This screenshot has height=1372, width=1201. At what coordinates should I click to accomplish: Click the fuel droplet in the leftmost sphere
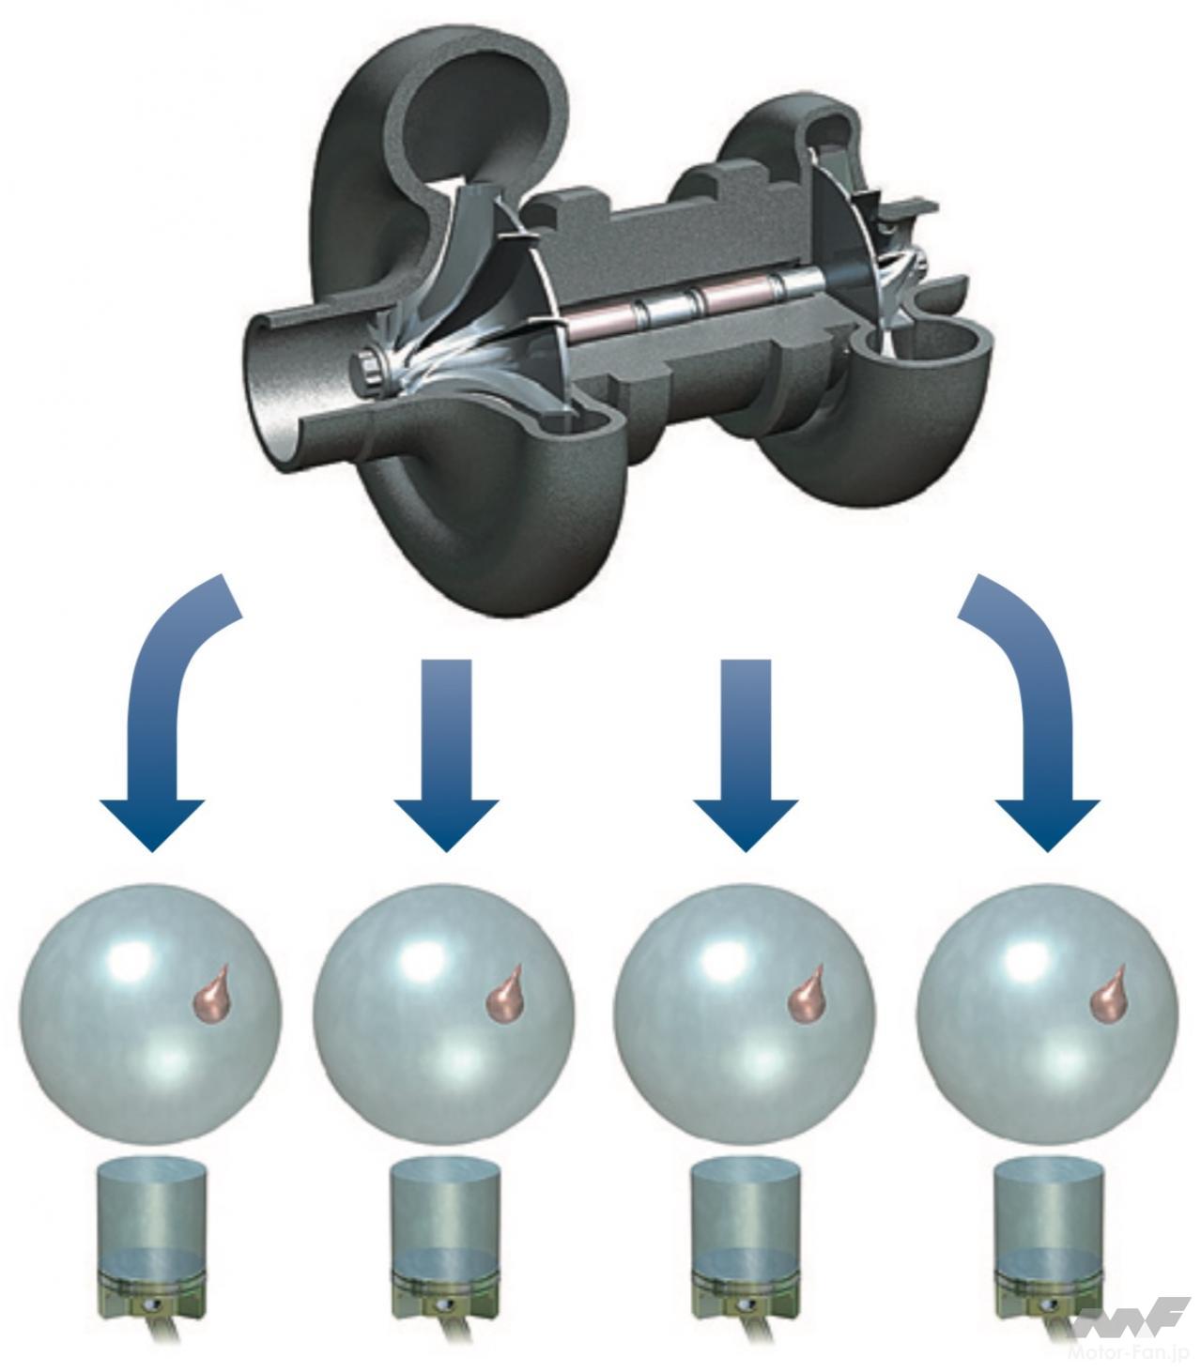point(213,994)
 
